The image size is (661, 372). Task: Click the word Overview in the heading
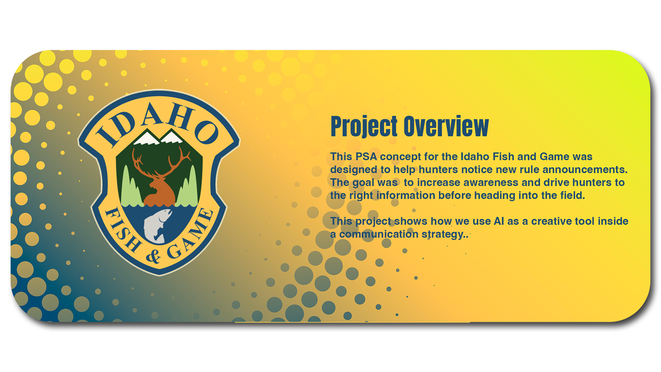[x=447, y=126]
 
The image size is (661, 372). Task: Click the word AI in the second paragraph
[x=499, y=221]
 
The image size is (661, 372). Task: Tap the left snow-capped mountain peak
[x=147, y=138]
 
